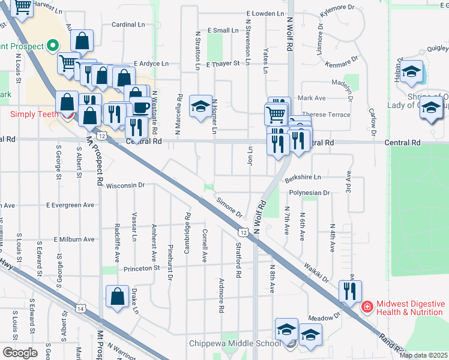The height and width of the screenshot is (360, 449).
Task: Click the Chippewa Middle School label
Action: pyautogui.click(x=234, y=343)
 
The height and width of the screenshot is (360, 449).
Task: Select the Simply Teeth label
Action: pyautogui.click(x=34, y=114)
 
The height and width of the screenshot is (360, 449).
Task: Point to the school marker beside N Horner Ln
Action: pyautogui.click(x=200, y=106)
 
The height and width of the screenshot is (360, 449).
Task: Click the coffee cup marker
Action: pyautogui.click(x=141, y=108)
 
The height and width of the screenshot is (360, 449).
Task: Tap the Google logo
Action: pyautogui.click(x=20, y=353)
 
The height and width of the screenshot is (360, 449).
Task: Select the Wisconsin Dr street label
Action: pyautogui.click(x=125, y=186)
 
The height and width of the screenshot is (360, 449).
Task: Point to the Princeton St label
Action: pyautogui.click(x=142, y=269)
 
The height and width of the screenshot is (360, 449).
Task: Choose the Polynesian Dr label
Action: pyautogui.click(x=309, y=193)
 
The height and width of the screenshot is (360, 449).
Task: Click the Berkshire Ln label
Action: pyautogui.click(x=303, y=178)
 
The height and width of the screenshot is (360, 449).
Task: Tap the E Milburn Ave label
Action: pyautogui.click(x=74, y=239)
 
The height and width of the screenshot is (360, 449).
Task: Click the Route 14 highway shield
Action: pyautogui.click(x=80, y=308)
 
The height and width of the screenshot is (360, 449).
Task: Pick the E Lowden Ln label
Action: pyautogui.click(x=264, y=13)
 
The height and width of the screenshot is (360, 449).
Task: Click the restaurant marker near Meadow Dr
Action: pyautogui.click(x=349, y=290)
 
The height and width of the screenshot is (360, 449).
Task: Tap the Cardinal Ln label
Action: pyautogui.click(x=129, y=25)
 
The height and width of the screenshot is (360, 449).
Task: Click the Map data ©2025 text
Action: pyautogui.click(x=423, y=355)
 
